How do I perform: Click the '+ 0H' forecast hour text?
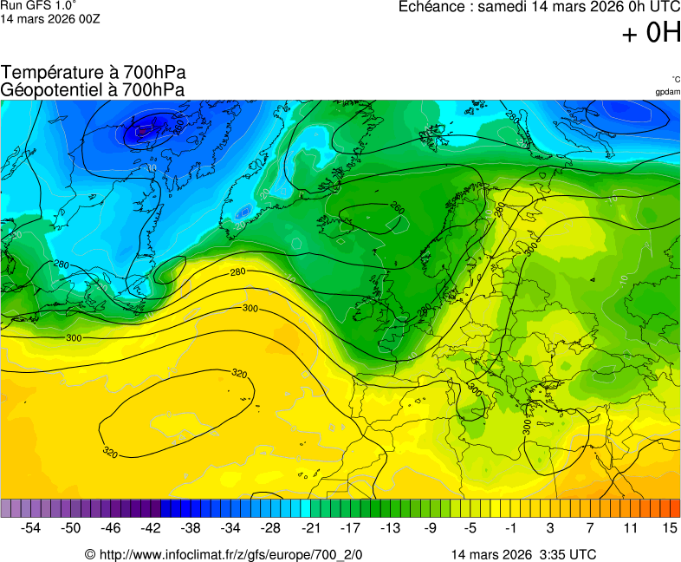click(x=652, y=33)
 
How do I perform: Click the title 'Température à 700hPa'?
click(x=93, y=73)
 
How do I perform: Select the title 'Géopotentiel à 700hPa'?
click(x=93, y=89)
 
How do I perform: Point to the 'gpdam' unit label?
click(x=667, y=91)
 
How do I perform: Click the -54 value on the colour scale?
click(x=31, y=527)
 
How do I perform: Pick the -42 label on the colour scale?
click(x=151, y=527)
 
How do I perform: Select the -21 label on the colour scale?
click(x=310, y=527)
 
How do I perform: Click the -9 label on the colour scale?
click(x=430, y=527)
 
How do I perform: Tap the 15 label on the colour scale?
click(x=669, y=527)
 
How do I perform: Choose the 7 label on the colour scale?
click(x=589, y=527)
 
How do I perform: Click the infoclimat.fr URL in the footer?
click(x=224, y=554)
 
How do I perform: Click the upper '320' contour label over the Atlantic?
click(x=239, y=374)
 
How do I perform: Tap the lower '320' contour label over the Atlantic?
click(x=110, y=452)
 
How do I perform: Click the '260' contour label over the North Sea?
click(x=397, y=208)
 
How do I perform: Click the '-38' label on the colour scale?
click(x=191, y=527)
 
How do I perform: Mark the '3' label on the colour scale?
click(x=549, y=527)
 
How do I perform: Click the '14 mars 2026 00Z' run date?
click(x=50, y=18)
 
